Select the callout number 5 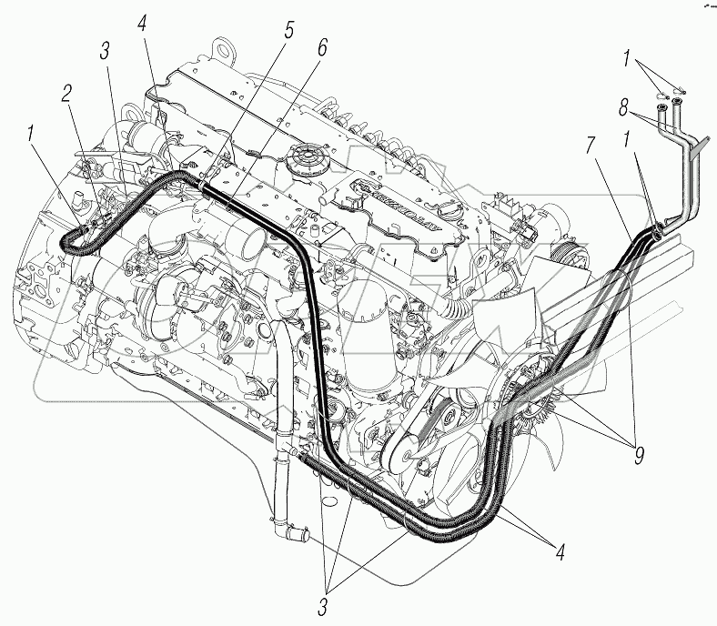click(x=288, y=29)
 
